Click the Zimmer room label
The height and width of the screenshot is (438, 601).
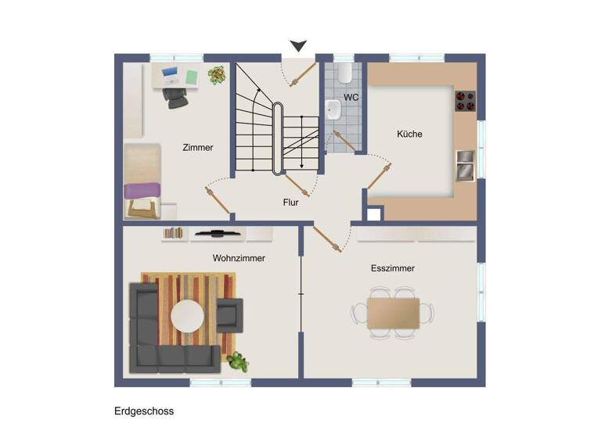click(x=197, y=147)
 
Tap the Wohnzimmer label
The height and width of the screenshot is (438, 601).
click(x=239, y=258)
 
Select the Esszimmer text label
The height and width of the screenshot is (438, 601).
click(x=392, y=268)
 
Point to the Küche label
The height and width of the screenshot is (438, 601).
click(x=409, y=134)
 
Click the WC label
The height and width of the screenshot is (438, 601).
click(x=351, y=98)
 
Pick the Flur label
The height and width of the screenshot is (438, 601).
click(x=291, y=202)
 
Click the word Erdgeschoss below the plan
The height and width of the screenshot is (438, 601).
click(x=144, y=411)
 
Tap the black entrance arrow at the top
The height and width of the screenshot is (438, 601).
click(x=298, y=46)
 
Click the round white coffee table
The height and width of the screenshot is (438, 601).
click(x=188, y=317)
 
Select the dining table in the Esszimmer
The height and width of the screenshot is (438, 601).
click(x=393, y=314)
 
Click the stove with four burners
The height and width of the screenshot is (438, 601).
click(x=465, y=101)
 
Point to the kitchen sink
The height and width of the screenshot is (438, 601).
click(x=466, y=166)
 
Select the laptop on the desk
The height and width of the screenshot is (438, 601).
click(x=170, y=75)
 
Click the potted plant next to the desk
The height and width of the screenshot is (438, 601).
click(x=216, y=75)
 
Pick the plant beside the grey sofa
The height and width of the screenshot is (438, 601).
click(x=237, y=361)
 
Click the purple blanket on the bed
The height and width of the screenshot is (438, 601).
click(x=143, y=189)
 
